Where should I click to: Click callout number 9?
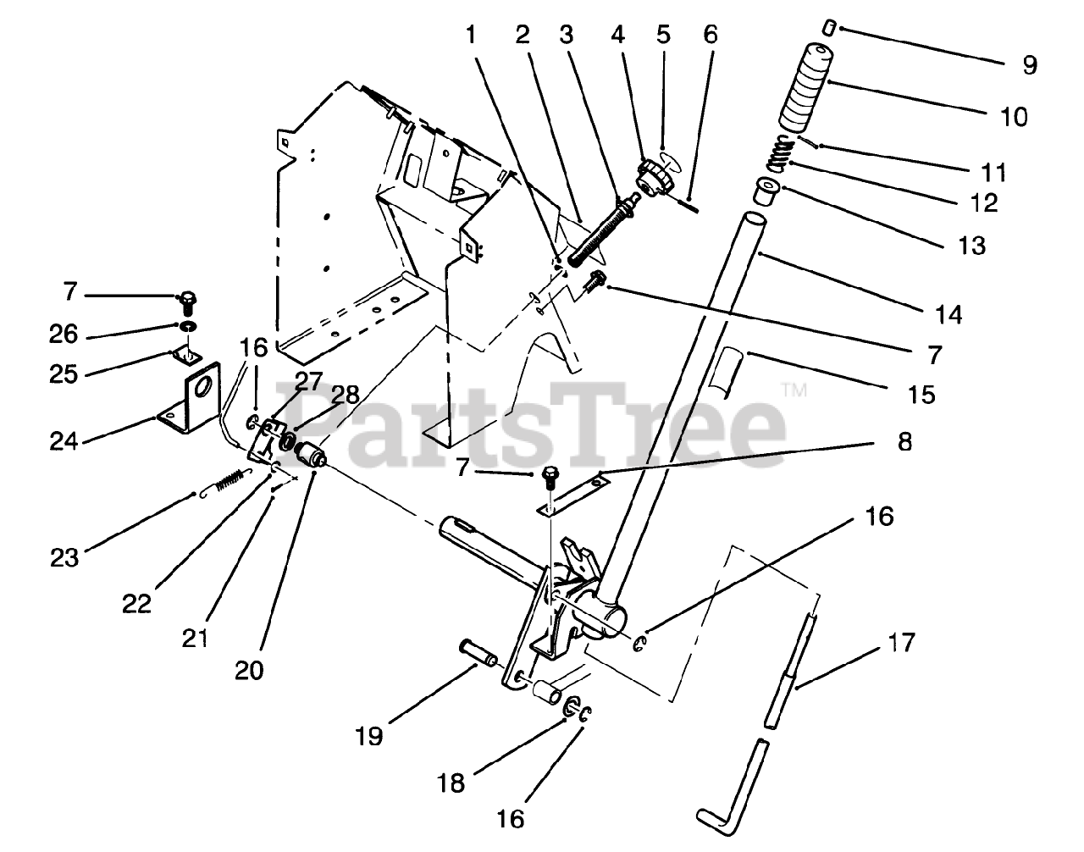(x=1029, y=65)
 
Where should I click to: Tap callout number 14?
(x=948, y=314)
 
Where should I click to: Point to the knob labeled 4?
(x=653, y=176)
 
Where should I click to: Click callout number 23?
(x=64, y=557)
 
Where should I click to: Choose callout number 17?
(x=903, y=643)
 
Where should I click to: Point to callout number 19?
(x=370, y=736)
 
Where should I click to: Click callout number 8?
(x=905, y=441)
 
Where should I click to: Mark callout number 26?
(x=65, y=335)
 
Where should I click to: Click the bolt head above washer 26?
(x=186, y=297)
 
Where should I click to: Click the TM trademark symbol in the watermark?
(x=793, y=390)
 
